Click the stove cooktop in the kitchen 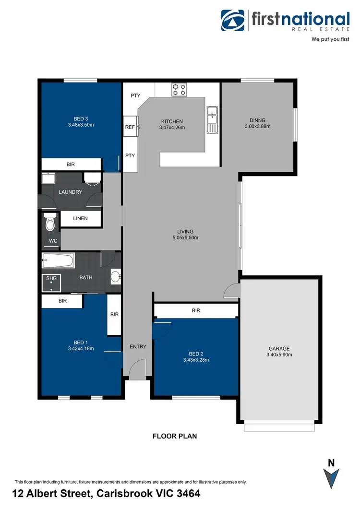[179, 89]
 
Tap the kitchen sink [212, 120]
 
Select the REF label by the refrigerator [130, 127]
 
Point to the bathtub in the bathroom [58, 262]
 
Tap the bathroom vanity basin [115, 277]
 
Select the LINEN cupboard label [80, 218]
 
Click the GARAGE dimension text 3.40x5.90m [279, 355]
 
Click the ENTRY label [138, 346]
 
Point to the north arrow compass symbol [331, 477]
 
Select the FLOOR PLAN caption [175, 436]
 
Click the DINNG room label [257, 120]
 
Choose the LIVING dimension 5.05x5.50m [185, 237]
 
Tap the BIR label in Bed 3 [71, 164]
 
